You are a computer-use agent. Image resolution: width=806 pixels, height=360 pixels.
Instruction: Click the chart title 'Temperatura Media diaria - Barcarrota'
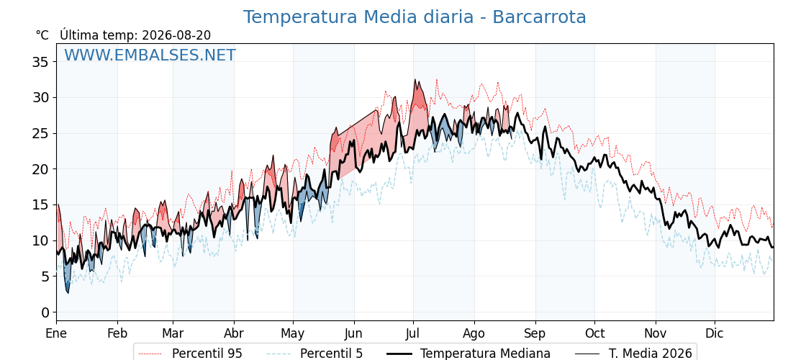coord(415,17)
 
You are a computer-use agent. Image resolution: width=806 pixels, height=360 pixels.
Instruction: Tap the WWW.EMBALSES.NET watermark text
coord(150,55)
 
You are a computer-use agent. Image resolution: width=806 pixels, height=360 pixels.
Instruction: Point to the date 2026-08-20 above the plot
coord(176,35)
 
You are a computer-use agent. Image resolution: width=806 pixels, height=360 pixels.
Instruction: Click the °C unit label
coord(42,35)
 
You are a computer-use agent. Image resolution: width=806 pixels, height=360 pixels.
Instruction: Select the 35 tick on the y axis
coord(40,62)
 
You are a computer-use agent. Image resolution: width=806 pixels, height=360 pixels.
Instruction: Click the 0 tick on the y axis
coord(45,312)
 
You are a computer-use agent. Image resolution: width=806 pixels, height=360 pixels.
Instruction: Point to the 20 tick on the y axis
coord(40,169)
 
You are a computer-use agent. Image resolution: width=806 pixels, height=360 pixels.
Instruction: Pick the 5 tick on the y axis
coord(45,276)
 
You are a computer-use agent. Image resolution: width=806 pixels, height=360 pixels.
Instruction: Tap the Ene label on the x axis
coord(57,333)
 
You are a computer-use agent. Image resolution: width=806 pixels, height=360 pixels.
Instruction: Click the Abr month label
coord(234,333)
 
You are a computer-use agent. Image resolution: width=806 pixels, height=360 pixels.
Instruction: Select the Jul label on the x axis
coord(413,333)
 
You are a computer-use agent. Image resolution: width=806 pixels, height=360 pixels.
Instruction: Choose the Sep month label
coord(535,333)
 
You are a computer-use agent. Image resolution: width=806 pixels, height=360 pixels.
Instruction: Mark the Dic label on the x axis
coord(715,333)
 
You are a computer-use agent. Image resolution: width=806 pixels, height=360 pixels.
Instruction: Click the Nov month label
coord(656,333)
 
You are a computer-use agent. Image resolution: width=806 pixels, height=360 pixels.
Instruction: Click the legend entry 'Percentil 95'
coord(191,354)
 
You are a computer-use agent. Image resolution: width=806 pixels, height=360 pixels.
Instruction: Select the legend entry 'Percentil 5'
coord(315,354)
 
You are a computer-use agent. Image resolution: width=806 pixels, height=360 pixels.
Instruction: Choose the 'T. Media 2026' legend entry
coord(634,354)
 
